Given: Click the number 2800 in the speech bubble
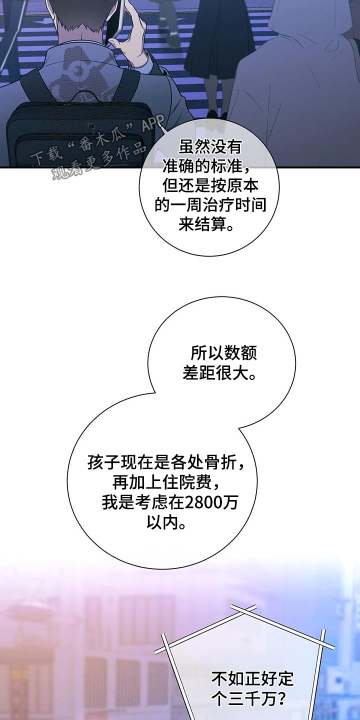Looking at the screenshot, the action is click(x=203, y=503).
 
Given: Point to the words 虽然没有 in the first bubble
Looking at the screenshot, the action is click(x=210, y=147).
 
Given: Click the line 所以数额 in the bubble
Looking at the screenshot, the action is click(x=223, y=353).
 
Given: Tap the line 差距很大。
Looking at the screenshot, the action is click(x=220, y=373).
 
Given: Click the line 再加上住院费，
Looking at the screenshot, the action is click(x=166, y=483).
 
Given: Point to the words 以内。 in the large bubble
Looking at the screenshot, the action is click(x=166, y=522).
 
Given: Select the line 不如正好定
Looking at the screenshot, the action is click(x=252, y=679).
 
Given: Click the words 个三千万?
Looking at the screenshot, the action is click(x=249, y=698).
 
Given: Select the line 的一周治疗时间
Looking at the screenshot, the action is click(x=210, y=205).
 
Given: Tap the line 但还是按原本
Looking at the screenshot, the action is click(x=210, y=186).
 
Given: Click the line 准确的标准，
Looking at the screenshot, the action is click(x=207, y=166).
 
